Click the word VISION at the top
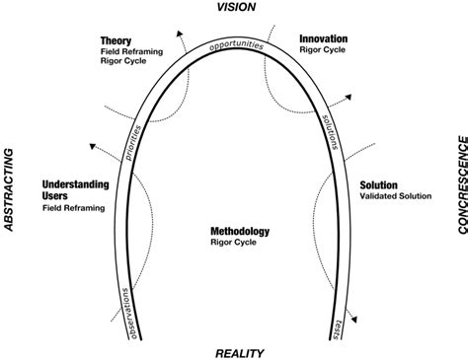234,8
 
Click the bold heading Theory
116,40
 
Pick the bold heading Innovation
324,39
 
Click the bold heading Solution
379,183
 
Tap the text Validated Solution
396,196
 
